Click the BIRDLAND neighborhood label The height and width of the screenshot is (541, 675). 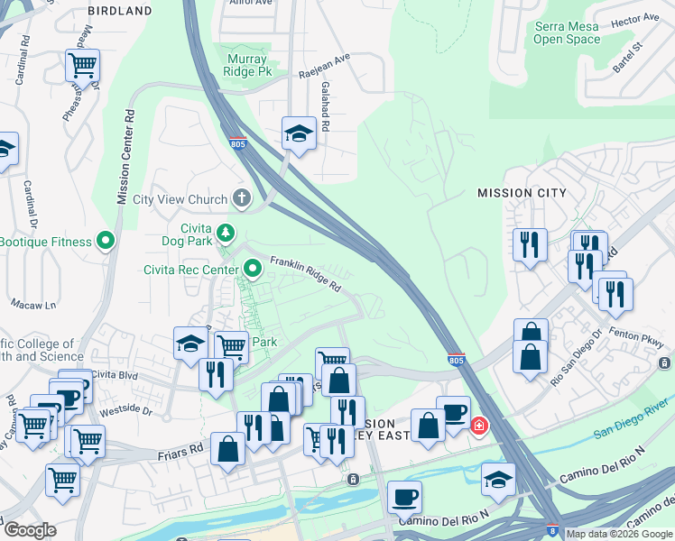pyautogui.click(x=120, y=11)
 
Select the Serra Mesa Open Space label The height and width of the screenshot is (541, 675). pyautogui.click(x=567, y=33)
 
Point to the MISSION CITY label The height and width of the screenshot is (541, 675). pyautogui.click(x=522, y=193)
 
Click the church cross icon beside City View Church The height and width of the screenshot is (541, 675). pyautogui.click(x=241, y=197)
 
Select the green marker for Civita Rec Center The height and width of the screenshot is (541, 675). pyautogui.click(x=254, y=267)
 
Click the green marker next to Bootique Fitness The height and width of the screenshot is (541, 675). pyautogui.click(x=106, y=241)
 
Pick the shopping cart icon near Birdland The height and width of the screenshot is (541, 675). pyautogui.click(x=82, y=65)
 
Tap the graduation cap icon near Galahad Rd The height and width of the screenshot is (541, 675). pyautogui.click(x=298, y=134)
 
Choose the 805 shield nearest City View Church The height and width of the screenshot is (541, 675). pyautogui.click(x=238, y=144)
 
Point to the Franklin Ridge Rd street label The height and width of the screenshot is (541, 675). pyautogui.click(x=306, y=271)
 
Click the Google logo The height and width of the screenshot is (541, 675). pyautogui.click(x=29, y=530)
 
